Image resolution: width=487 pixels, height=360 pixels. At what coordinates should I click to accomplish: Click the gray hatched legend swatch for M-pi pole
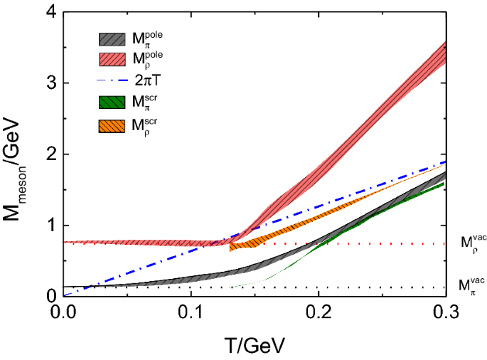[x=113, y=39]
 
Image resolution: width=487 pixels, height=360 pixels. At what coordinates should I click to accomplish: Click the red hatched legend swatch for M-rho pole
[x=113, y=60]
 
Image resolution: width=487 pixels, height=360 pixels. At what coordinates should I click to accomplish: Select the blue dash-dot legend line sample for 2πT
[x=113, y=80]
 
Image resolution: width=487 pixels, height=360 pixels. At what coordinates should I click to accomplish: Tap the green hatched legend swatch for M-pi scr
[x=113, y=103]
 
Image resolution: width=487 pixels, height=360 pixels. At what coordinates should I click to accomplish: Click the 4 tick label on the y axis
[x=52, y=12]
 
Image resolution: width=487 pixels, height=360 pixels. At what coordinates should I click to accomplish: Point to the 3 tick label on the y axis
[x=52, y=83]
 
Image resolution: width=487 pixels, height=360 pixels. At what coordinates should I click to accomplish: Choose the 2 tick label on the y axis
[x=52, y=154]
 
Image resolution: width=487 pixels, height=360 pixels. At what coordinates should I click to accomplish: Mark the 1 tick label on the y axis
[x=52, y=226]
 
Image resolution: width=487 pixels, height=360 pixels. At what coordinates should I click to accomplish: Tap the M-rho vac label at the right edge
[x=467, y=245]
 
